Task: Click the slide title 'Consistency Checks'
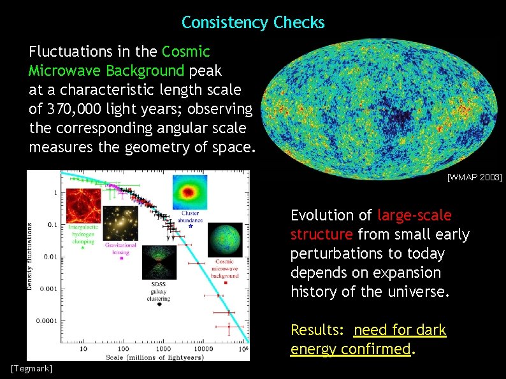coord(253,23)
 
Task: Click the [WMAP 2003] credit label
coord(474,176)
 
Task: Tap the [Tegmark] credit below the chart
coord(31,369)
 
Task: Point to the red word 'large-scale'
coord(414,215)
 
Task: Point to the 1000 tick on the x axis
coord(164,349)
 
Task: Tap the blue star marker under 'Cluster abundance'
coord(190,227)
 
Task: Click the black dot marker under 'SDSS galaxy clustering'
coord(159,304)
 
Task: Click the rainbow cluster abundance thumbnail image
coord(189,192)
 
